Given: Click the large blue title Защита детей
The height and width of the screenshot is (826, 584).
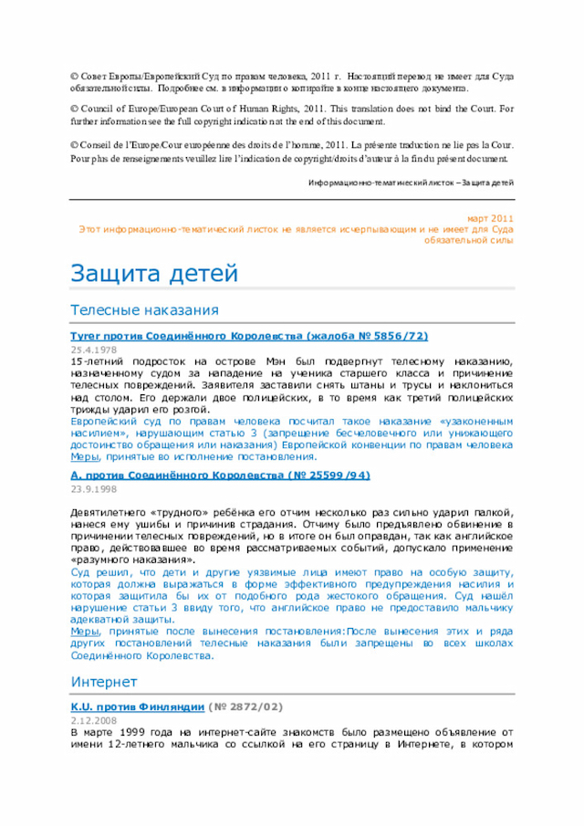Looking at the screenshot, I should click(154, 273).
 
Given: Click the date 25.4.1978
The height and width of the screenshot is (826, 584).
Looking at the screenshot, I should click(93, 350).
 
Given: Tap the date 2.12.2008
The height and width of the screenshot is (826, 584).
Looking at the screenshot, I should click(93, 720).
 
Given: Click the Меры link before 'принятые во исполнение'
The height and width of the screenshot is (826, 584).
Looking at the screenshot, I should click(85, 456).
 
